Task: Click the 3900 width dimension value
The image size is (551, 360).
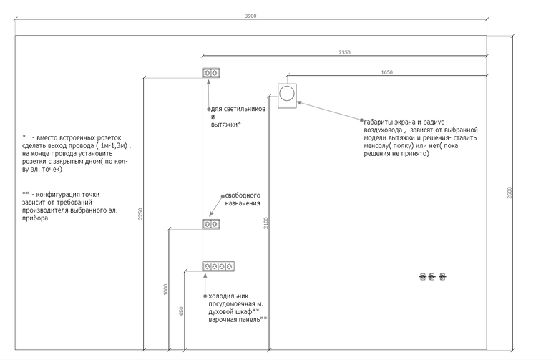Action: (250, 16)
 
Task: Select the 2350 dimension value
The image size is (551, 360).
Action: (344, 52)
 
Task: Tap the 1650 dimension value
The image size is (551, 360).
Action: (387, 72)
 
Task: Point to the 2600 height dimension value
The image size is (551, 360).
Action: (509, 193)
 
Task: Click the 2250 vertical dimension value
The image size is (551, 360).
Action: (140, 214)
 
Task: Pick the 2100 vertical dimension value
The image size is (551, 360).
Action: (265, 223)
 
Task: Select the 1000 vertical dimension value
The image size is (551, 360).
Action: (166, 289)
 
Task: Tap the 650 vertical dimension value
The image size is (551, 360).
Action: (181, 311)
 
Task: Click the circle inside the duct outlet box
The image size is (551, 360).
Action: (287, 94)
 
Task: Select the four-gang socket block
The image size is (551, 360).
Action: (218, 266)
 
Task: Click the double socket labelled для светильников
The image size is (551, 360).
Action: (211, 73)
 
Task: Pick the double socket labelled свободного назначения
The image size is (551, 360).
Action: (211, 224)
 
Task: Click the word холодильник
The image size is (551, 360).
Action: (228, 296)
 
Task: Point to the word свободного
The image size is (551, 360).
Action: (243, 195)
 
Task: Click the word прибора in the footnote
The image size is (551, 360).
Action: (35, 218)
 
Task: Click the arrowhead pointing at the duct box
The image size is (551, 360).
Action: (298, 102)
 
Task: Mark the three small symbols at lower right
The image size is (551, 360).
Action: (432, 277)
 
